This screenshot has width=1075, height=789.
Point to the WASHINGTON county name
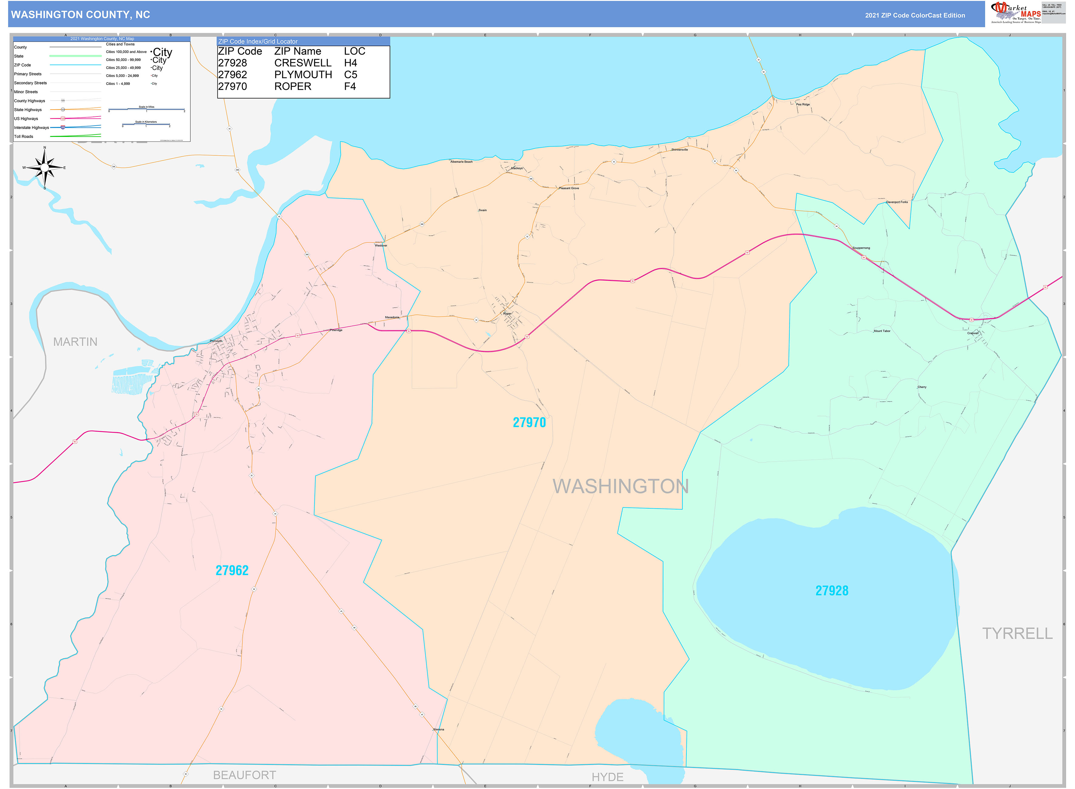point(620,486)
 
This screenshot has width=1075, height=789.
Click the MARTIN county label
point(75,342)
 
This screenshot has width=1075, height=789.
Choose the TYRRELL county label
point(1017,633)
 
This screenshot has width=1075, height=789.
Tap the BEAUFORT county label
point(244,775)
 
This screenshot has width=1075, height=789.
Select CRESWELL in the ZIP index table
point(302,63)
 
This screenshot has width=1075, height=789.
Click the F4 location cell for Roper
point(350,86)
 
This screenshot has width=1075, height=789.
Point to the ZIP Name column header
point(297,51)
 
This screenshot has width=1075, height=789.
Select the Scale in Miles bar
point(146,109)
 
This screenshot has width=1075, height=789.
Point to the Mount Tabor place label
point(882,331)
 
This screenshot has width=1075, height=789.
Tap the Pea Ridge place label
point(803,104)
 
